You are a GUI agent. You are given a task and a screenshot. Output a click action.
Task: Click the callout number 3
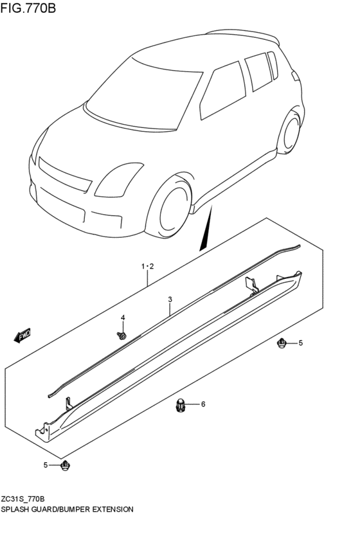(x=170, y=300)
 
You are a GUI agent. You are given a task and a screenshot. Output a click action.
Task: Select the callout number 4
(x=123, y=318)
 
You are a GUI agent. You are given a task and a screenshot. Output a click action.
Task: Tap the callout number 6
(x=203, y=404)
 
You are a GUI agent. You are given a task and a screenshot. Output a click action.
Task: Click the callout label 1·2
(x=147, y=265)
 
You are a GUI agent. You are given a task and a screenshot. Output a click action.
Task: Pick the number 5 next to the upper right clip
(x=300, y=344)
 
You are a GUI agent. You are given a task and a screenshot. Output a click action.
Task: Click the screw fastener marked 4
(x=122, y=335)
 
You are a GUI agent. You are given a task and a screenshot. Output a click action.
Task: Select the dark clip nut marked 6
(x=181, y=405)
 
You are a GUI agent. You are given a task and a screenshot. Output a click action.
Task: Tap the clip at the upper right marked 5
(x=282, y=344)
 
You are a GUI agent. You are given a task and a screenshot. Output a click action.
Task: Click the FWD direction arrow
(x=23, y=335)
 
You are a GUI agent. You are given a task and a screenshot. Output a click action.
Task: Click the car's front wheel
(x=170, y=206)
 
